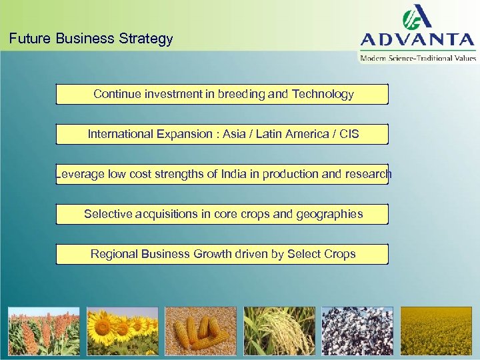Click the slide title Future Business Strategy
pyautogui.click(x=91, y=39)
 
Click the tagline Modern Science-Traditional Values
pyautogui.click(x=418, y=58)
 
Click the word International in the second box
pyautogui.click(x=121, y=134)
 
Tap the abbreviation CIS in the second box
pyautogui.click(x=348, y=134)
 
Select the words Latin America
pyautogui.click(x=294, y=134)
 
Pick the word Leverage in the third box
pyautogui.click(x=79, y=174)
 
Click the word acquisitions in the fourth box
pyautogui.click(x=167, y=214)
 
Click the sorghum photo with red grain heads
pyautogui.click(x=43, y=331)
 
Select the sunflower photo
pyautogui.click(x=122, y=331)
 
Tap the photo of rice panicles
pyautogui.click(x=279, y=331)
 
